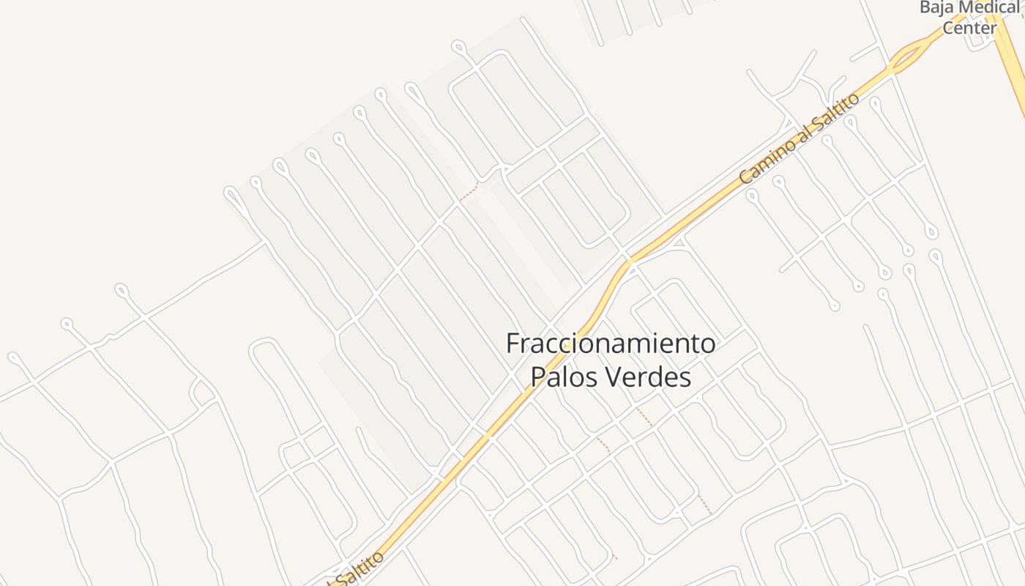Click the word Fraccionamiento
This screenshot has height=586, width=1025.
(611, 343)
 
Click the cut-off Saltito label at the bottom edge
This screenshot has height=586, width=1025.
(359, 570)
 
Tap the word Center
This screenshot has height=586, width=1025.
(969, 29)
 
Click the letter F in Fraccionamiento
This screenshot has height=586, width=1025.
(513, 343)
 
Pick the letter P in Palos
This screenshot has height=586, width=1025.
(537, 377)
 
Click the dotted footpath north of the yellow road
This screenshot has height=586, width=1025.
(469, 192)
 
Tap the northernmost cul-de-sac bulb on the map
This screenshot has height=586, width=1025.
(459, 48)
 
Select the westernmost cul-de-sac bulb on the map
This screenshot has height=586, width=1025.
(14, 357)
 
